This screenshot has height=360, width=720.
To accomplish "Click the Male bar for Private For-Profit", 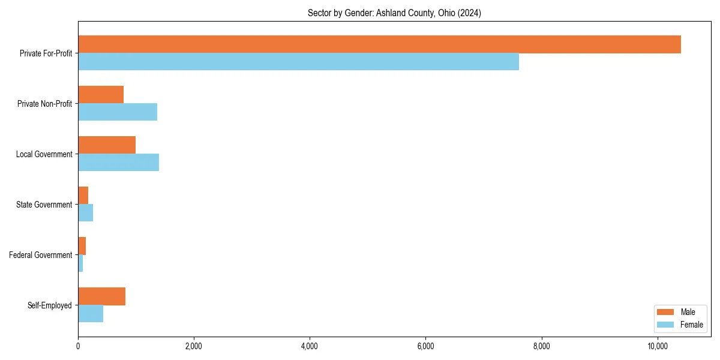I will pyautogui.click(x=379, y=44).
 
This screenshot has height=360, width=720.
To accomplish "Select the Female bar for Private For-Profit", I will pyautogui.click(x=298, y=62).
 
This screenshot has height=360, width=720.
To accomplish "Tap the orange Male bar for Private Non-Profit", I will pyautogui.click(x=101, y=95).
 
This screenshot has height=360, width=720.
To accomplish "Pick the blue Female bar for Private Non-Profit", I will pyautogui.click(x=118, y=112).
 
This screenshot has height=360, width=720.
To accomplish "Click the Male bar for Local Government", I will pyautogui.click(x=107, y=145).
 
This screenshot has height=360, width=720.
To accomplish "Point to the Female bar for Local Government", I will pyautogui.click(x=118, y=163).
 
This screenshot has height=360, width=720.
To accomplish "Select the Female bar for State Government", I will pyautogui.click(x=85, y=213).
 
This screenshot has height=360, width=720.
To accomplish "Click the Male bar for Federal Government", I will pyautogui.click(x=82, y=246).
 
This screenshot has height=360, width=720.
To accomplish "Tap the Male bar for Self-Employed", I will pyautogui.click(x=101, y=296).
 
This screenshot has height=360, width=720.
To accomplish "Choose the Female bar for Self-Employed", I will pyautogui.click(x=91, y=314).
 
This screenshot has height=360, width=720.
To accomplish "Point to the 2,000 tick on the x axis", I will pyautogui.click(x=194, y=346).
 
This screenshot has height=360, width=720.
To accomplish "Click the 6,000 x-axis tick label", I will pyautogui.click(x=425, y=346).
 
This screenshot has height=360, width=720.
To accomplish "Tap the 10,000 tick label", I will pyautogui.click(x=658, y=346).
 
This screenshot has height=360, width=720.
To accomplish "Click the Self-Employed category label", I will pyautogui.click(x=50, y=305).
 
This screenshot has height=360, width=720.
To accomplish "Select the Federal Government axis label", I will pyautogui.click(x=41, y=255).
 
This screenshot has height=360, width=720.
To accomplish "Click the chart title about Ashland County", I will pyautogui.click(x=394, y=13).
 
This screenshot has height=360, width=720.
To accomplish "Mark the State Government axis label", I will pyautogui.click(x=44, y=205).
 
